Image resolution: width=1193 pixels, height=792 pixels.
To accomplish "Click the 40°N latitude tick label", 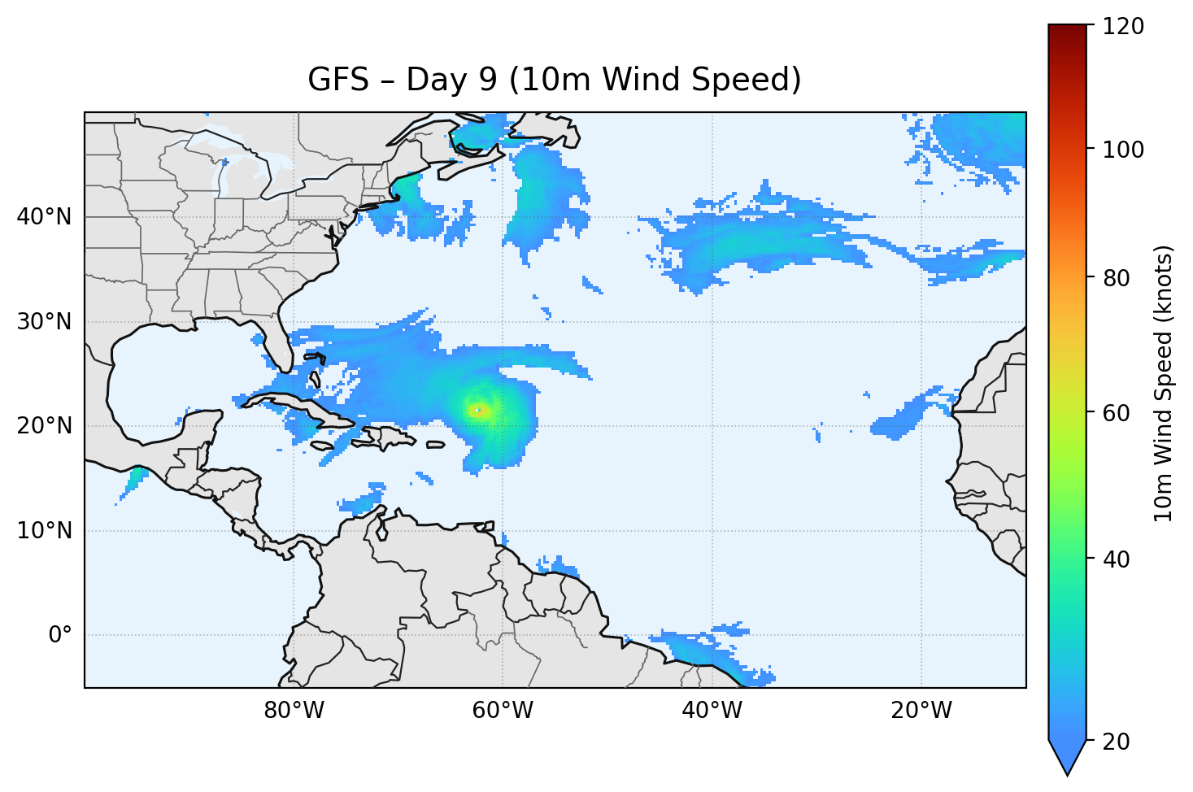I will point(43,217).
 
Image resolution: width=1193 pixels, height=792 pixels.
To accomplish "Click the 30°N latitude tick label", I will point(43,322).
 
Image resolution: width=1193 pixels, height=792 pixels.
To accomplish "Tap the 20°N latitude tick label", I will point(43,426).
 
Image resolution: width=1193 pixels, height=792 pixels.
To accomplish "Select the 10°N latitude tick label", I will point(43,531).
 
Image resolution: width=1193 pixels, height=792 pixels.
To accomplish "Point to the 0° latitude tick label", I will point(60,635).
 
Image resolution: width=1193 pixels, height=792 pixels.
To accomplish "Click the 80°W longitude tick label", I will point(294,711).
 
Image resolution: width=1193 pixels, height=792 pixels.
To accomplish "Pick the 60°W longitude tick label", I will point(503,711).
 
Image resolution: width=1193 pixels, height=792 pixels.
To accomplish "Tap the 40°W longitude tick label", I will point(712,711).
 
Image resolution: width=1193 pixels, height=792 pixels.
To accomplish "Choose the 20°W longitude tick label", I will point(921,711).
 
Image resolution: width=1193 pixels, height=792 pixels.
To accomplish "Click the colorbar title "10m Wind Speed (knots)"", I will point(1164,384).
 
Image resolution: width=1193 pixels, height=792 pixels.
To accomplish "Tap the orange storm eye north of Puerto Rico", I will point(478,410).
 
